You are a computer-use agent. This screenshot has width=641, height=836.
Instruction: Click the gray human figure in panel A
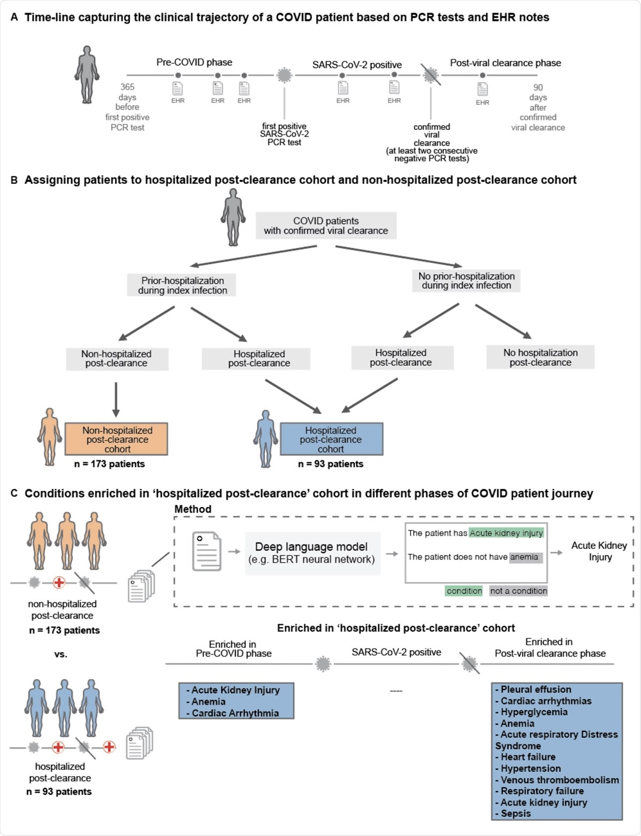(87, 74)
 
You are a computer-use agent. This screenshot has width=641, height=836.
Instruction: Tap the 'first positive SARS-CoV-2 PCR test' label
(284, 134)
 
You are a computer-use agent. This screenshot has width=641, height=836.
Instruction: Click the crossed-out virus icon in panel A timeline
(431, 75)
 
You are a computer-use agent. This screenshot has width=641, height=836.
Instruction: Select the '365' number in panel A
(127, 87)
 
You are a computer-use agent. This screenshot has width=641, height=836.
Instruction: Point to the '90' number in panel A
(538, 87)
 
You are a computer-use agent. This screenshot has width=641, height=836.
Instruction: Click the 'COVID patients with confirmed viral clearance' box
(326, 226)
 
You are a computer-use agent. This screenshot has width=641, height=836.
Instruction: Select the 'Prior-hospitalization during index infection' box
(182, 285)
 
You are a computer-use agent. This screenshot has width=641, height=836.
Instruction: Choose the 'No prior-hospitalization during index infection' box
(466, 281)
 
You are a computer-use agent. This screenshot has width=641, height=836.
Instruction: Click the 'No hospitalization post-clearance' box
(540, 358)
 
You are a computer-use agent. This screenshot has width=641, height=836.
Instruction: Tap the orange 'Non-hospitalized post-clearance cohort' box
(116, 439)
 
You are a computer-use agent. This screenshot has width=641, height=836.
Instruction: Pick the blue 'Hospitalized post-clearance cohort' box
(331, 439)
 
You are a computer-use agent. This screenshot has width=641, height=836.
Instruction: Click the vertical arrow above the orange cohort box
(116, 400)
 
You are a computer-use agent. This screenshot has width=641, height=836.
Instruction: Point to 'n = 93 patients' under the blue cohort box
(331, 464)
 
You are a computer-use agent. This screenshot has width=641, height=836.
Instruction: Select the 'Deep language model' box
(312, 553)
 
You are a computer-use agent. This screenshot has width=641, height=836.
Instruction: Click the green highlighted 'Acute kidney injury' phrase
(506, 533)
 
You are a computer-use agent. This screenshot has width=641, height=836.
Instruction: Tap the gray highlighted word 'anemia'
(525, 557)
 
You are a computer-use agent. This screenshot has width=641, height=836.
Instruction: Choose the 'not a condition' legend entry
(518, 591)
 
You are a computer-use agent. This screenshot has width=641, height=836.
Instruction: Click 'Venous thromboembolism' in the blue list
(559, 780)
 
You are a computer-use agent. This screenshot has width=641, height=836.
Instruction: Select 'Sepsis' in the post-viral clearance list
(515, 814)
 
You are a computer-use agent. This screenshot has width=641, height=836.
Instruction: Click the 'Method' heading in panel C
(193, 509)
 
